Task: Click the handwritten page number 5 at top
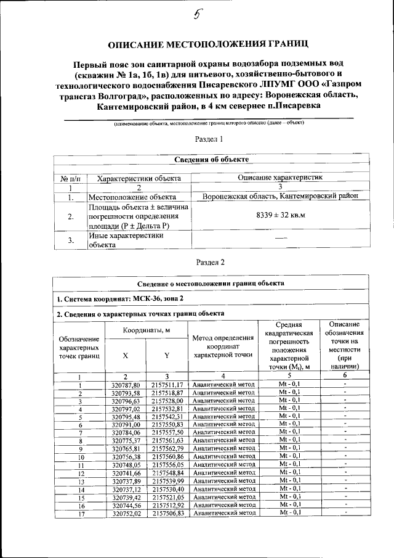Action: point(198,17)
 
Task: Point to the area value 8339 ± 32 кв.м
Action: point(280,215)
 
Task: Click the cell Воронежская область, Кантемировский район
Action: point(280,196)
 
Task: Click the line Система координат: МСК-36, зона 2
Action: point(120,298)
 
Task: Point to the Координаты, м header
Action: point(146,330)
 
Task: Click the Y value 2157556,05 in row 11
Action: point(166,464)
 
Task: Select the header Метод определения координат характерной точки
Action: point(223,346)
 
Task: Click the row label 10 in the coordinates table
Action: point(80,457)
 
